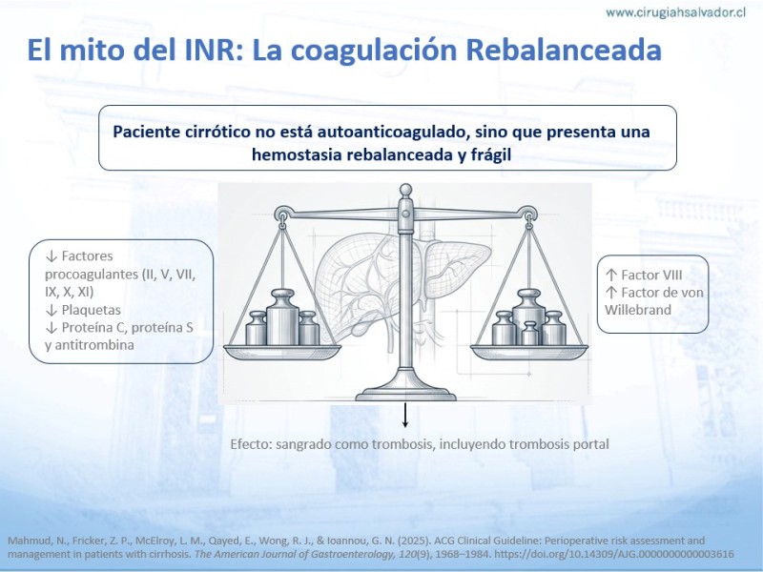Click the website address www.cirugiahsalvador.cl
pos(676,12)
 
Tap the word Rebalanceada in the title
pos(564,50)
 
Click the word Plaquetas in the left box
pos(91,310)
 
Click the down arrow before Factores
pos(52,255)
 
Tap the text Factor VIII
pos(651,276)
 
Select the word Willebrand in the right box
pos(638,310)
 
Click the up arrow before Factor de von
pos(611,293)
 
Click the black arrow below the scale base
pos(404,416)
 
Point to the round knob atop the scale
pos(405,190)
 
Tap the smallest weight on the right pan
pos(529,333)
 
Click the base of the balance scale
pos(405,390)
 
